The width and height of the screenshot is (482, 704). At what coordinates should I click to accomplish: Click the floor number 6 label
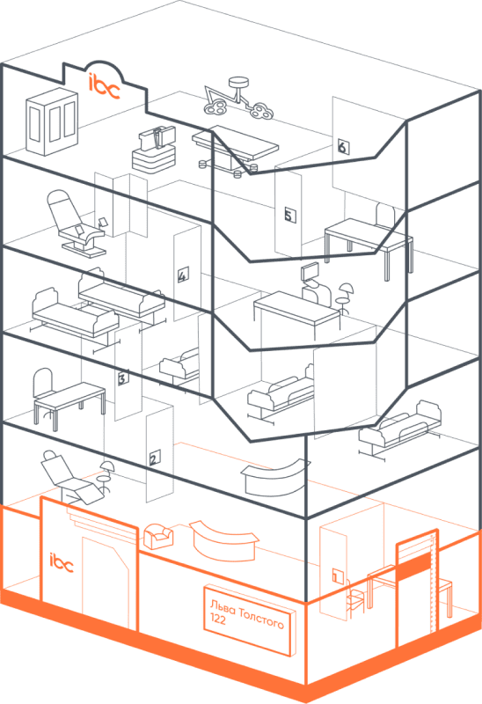pyautogui.click(x=343, y=146)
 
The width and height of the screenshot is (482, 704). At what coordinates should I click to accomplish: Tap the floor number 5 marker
pyautogui.click(x=290, y=215)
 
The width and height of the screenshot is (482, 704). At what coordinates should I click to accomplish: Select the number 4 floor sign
pyautogui.click(x=183, y=275)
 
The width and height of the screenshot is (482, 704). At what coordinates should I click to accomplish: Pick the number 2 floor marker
pyautogui.click(x=155, y=458)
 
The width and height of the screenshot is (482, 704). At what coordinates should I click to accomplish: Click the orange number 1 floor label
pyautogui.click(x=338, y=575)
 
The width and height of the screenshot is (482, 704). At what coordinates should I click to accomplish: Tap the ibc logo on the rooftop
pyautogui.click(x=104, y=85)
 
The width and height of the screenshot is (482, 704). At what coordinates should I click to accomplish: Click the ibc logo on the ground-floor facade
pyautogui.click(x=61, y=562)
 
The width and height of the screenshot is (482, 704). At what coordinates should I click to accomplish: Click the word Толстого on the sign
pyautogui.click(x=261, y=619)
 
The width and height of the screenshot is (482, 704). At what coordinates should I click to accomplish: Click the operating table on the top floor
pyautogui.click(x=236, y=150)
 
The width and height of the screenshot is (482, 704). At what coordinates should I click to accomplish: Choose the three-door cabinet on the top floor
pyautogui.click(x=52, y=121)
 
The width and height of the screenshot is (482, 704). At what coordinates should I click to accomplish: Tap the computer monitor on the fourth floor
pyautogui.click(x=310, y=273)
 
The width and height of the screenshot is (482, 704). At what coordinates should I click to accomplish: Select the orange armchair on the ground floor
pyautogui.click(x=158, y=536)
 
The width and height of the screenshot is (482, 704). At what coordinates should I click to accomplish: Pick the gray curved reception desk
pyautogui.click(x=274, y=478)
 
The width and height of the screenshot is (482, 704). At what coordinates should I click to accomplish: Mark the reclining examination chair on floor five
pyautogui.click(x=76, y=224)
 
